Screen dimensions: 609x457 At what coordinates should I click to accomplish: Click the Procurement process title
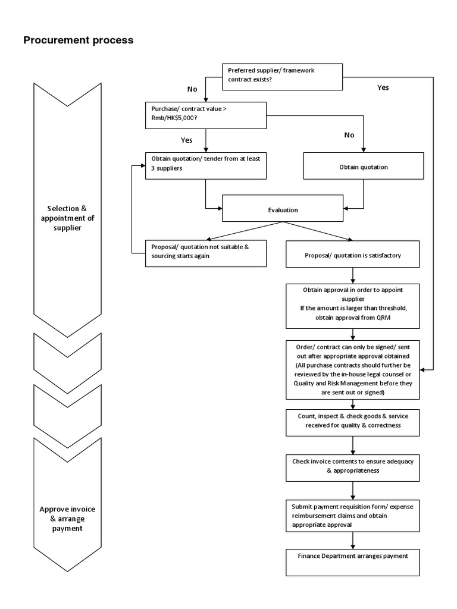point(78,40)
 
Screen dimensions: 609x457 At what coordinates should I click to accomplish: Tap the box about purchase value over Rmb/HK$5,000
point(205,114)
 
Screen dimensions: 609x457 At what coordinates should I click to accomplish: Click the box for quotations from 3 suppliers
point(205,165)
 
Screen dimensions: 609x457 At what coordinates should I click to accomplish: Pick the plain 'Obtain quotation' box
point(363,167)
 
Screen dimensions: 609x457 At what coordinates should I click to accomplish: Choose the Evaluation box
point(283,210)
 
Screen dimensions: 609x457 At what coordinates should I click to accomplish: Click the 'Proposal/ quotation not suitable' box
point(205,253)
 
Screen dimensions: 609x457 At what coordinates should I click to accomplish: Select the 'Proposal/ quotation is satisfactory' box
point(353,255)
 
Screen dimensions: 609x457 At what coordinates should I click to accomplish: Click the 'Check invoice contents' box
point(353,466)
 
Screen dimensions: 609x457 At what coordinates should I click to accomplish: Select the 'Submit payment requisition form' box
point(353,515)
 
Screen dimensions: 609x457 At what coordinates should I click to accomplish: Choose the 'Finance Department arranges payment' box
point(353,562)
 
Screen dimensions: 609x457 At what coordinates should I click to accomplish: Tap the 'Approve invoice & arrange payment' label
point(67,519)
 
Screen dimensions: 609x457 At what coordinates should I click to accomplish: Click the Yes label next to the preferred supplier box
point(383,87)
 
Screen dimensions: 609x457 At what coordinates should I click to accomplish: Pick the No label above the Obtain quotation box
point(349,135)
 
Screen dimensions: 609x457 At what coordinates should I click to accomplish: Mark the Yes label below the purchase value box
point(186,140)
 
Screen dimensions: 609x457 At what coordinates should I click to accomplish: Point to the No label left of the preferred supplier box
point(192,89)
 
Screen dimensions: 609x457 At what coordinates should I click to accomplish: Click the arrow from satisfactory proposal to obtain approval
point(353,275)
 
